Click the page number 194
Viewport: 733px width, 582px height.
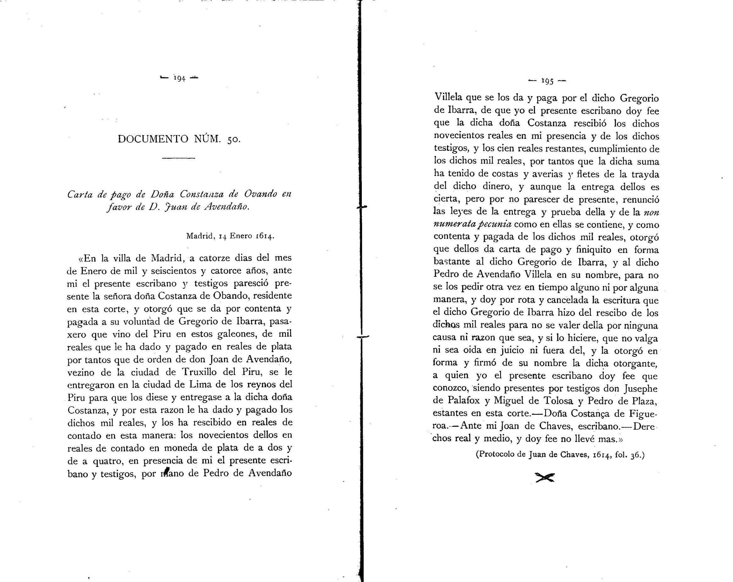coord(179,79)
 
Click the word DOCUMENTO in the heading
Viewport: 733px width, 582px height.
coord(153,139)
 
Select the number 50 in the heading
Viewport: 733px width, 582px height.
coord(233,140)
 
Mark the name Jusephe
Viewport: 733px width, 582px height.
coord(641,388)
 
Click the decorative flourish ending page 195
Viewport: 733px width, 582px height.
coord(545,478)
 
